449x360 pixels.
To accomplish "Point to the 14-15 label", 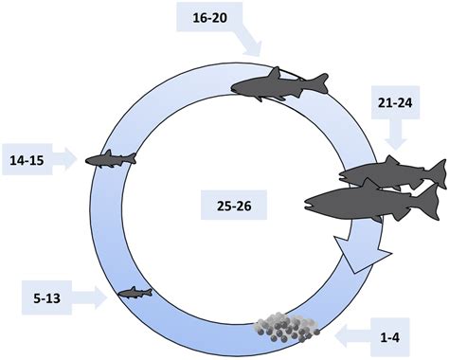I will (30, 156).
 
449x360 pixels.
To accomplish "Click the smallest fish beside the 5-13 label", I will (135, 293).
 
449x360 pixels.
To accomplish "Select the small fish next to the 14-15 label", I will (110, 158).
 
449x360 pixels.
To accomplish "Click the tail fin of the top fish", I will (319, 84).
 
